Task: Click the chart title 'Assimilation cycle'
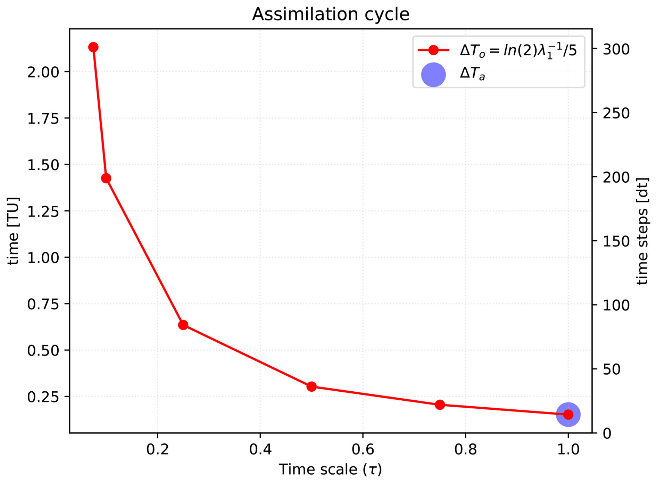[330, 15]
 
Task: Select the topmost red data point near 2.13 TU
[93, 47]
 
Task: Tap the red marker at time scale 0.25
[183, 325]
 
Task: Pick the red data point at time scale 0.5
[311, 386]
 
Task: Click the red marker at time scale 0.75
[440, 405]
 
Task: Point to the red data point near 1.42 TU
[106, 178]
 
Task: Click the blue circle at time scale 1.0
[568, 414]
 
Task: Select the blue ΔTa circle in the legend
[433, 75]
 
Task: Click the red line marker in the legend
[433, 50]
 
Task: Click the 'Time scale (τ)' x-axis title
[330, 469]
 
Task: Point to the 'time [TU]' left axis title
[13, 231]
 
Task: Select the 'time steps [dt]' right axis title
[642, 231]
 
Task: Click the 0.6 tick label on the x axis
[363, 449]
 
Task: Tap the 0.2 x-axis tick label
[157, 449]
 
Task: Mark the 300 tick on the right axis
[616, 50]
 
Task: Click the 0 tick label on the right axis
[607, 433]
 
